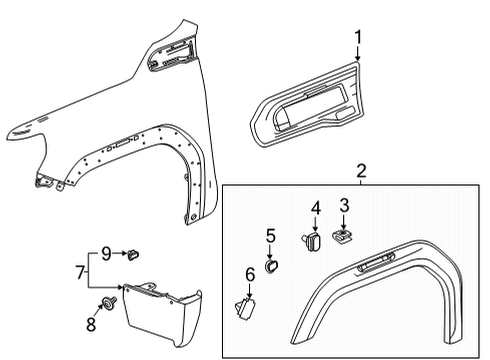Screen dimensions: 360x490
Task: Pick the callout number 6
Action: tap(250, 273)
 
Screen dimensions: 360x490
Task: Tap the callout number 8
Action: tap(90, 322)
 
